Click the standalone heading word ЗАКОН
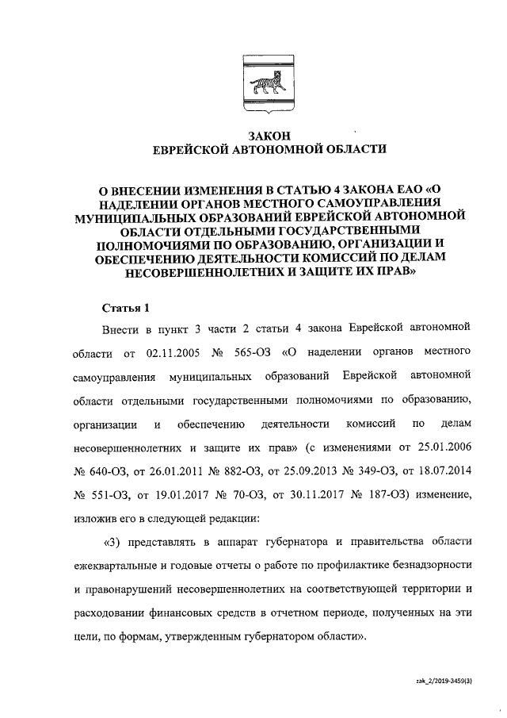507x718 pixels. point(253,136)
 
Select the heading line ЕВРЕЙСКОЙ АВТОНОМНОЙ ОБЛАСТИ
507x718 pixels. point(253,150)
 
